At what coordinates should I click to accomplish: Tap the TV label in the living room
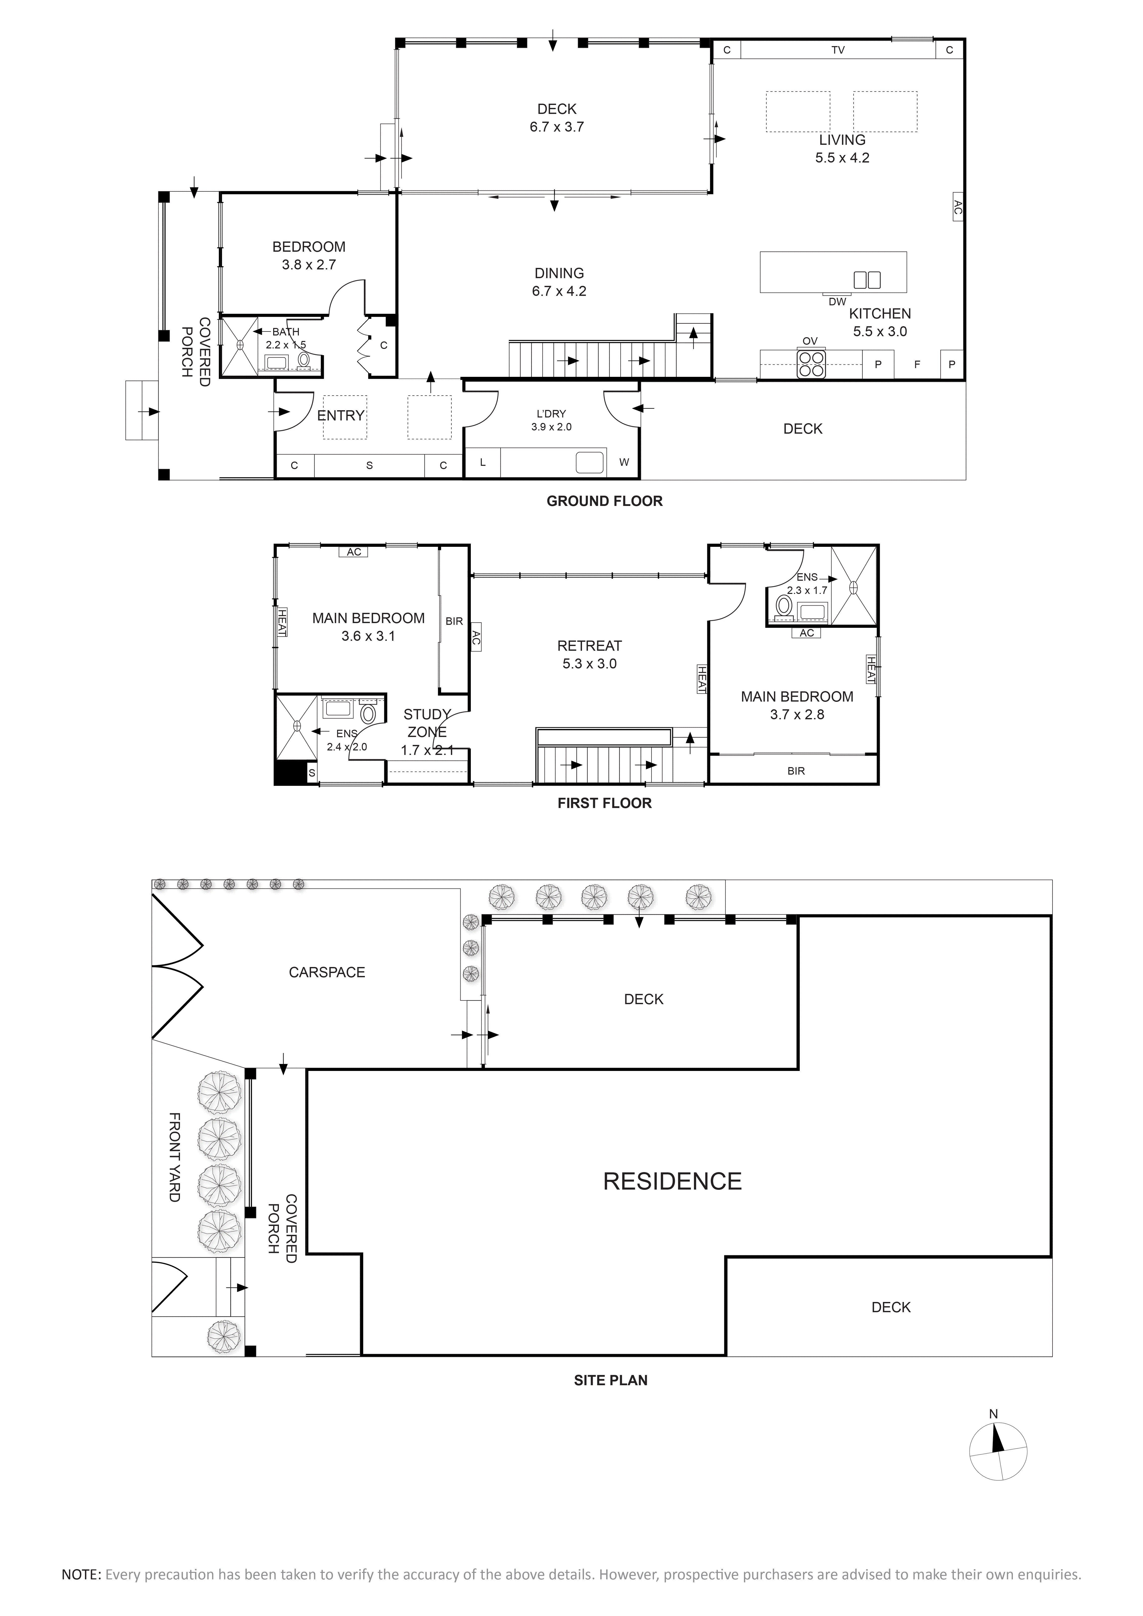[837, 50]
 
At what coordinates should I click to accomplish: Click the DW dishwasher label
[837, 301]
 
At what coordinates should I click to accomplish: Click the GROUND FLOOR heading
[605, 501]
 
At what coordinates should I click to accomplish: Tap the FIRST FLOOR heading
[605, 803]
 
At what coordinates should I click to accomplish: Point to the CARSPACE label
[327, 972]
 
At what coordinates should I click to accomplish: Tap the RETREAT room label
[589, 646]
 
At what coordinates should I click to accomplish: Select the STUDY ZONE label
[426, 723]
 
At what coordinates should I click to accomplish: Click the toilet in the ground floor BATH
[304, 359]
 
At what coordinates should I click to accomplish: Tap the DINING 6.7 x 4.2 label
[559, 282]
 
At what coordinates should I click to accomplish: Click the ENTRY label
[341, 415]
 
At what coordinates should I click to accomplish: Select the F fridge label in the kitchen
[917, 365]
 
